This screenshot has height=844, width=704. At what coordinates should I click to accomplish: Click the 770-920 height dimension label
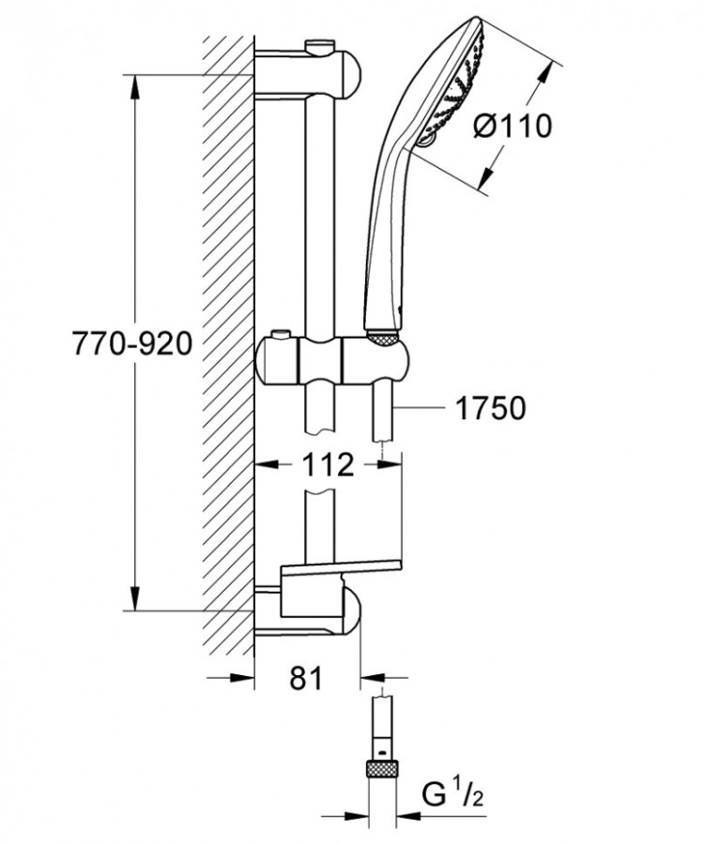132,344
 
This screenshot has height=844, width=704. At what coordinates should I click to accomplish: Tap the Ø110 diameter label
513,125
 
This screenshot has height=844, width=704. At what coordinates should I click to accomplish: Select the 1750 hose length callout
490,408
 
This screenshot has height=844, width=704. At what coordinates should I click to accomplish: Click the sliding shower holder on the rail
333,361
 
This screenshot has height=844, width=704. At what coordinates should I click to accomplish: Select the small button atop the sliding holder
279,335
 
